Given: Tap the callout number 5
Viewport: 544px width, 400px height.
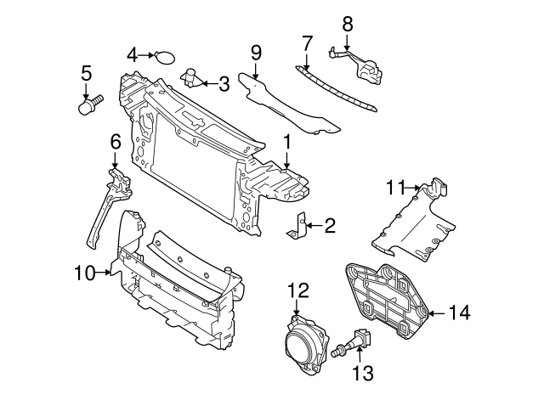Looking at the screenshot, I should pos(86,74).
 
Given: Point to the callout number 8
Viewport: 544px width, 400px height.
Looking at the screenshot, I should pos(347,23).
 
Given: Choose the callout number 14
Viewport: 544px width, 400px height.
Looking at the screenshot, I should pos(458,313).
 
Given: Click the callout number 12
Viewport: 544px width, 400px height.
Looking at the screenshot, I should pos(297,290).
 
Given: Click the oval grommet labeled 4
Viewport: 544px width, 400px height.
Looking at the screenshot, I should pos(165,57).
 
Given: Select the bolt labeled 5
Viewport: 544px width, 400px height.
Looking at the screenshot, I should pos(87,106).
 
